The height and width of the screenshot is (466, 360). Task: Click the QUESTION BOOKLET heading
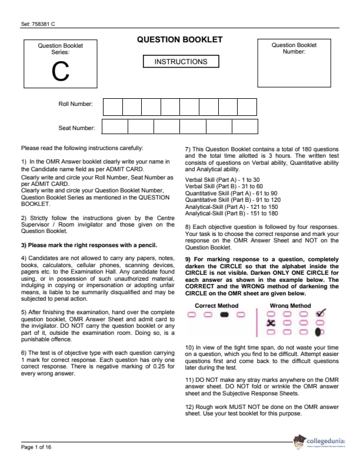click(179, 40)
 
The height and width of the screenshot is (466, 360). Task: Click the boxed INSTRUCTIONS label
click(181, 61)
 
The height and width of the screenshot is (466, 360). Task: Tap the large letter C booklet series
click(60, 72)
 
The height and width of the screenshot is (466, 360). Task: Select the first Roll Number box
click(113, 106)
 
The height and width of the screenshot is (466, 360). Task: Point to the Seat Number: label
click(76, 128)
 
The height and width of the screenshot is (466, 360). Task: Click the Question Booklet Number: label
click(294, 48)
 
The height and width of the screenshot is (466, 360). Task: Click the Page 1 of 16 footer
click(36, 447)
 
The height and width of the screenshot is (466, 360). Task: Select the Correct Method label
click(216, 305)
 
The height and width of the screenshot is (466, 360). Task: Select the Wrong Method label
click(290, 305)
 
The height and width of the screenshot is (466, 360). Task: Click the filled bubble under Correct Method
click(224, 315)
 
